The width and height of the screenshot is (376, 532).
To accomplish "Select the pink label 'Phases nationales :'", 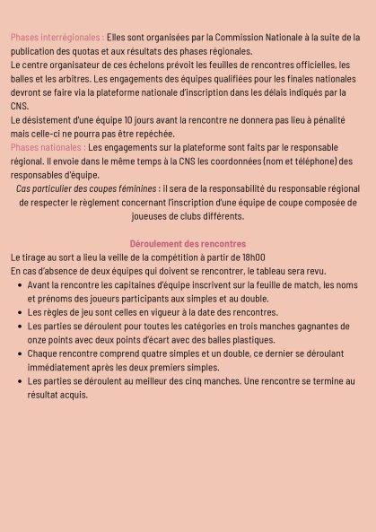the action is click(x=48, y=147).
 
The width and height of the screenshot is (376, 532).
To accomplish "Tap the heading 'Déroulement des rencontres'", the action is click(x=188, y=244).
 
